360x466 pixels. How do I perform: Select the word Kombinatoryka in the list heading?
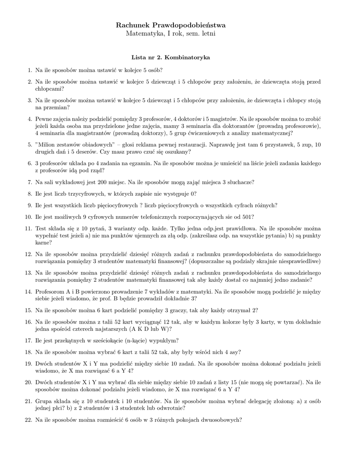tap(187, 58)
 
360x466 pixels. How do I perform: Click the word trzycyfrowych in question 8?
tap(86, 193)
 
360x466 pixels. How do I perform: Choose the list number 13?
tap(27, 272)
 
